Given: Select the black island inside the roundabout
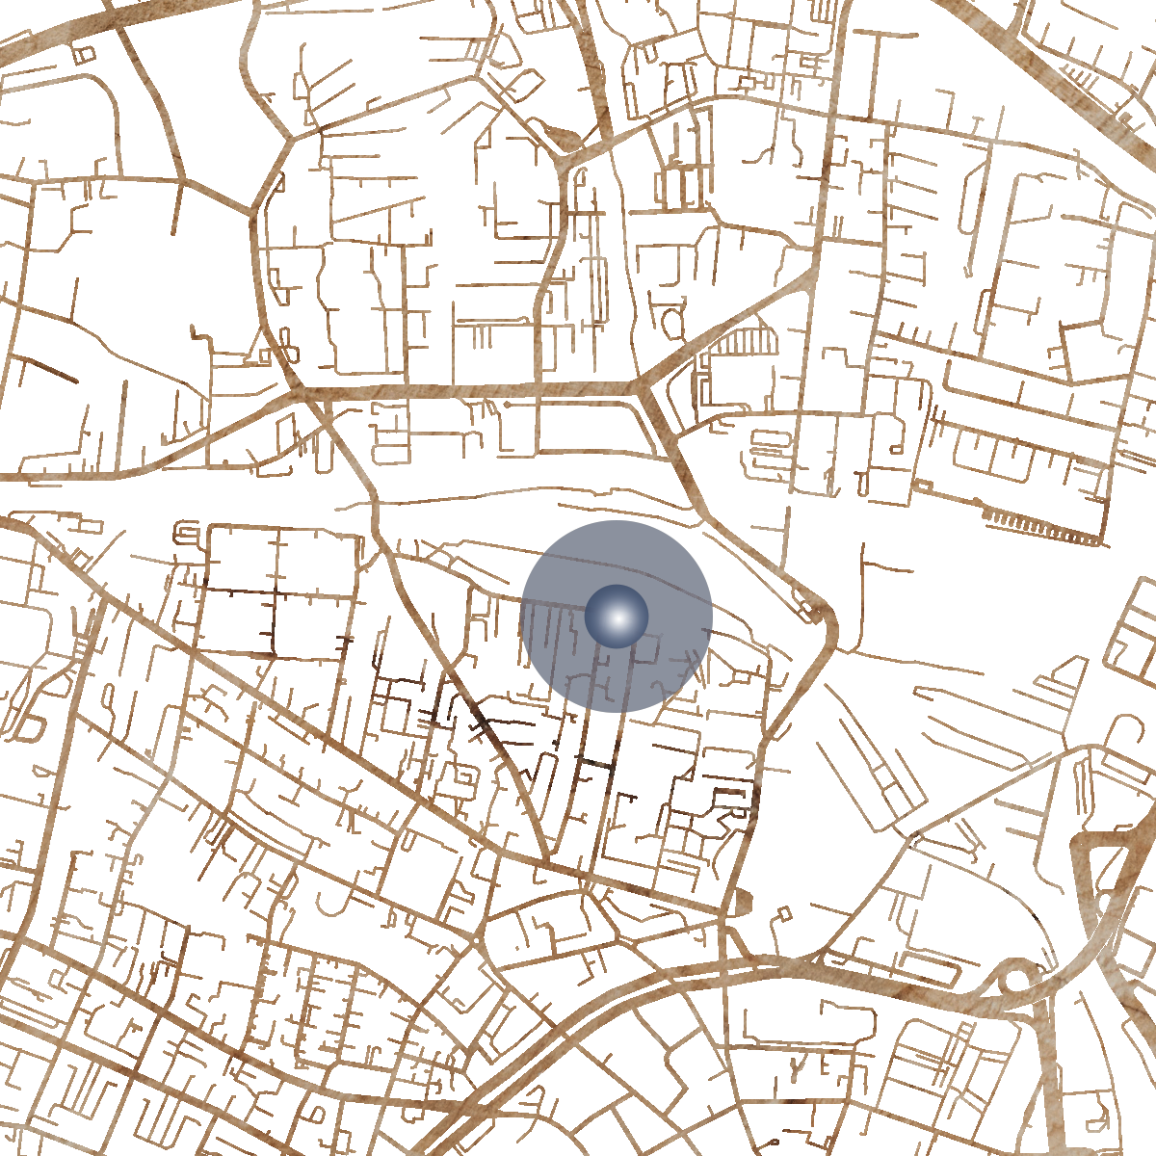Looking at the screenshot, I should coord(1015,981).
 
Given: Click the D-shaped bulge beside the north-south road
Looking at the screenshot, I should coord(743,902).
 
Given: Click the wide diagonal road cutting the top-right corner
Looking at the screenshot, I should coord(1060,77).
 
